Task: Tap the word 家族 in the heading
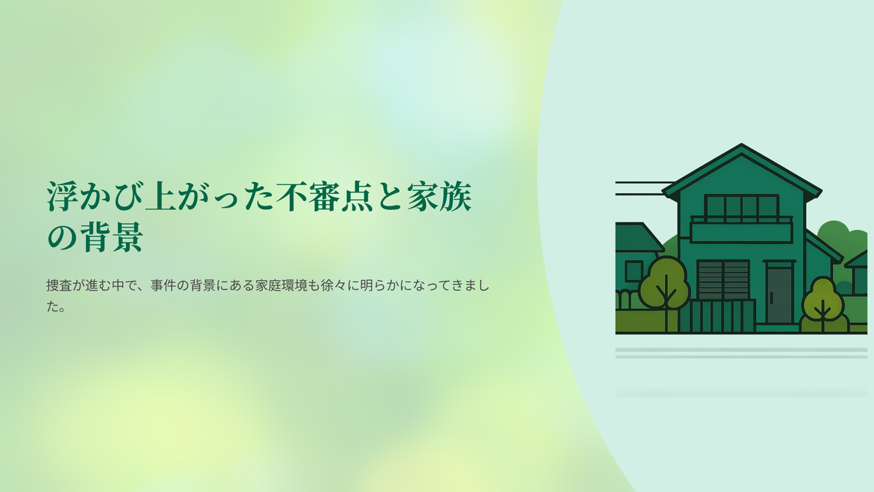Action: (439, 196)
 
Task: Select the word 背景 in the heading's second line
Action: (112, 237)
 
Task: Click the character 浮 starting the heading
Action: (63, 196)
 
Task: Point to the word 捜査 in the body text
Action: (59, 286)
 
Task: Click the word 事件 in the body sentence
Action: (163, 286)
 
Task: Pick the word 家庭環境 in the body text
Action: (281, 286)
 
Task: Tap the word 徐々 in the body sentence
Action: (334, 286)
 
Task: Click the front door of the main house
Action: (779, 294)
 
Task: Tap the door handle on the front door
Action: (771, 297)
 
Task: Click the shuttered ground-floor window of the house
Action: (723, 280)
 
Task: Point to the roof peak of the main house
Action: (741, 144)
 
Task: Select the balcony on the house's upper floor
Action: (741, 230)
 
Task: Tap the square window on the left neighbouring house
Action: (634, 271)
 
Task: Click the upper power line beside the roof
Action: (645, 182)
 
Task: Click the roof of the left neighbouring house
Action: (639, 237)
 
